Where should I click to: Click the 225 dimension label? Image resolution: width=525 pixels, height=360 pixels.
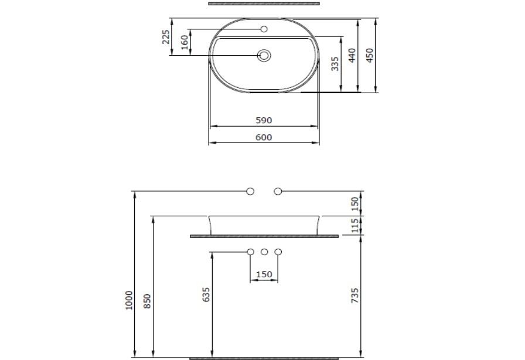(166, 37)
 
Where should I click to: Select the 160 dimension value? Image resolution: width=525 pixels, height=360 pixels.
(185, 42)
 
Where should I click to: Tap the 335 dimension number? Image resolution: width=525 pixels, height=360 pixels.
(335, 63)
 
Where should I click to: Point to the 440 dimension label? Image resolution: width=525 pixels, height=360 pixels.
(352, 55)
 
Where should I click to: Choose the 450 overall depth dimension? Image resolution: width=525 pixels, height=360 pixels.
(370, 55)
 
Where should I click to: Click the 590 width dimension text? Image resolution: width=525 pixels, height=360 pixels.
(264, 120)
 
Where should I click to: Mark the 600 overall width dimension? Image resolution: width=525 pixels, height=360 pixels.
(264, 137)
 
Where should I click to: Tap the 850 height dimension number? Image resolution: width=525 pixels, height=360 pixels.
(148, 301)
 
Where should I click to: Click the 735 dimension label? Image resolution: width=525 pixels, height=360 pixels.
(355, 295)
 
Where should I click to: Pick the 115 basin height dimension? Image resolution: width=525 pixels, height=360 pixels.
(355, 225)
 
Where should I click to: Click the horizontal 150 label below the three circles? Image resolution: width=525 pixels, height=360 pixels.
(264, 274)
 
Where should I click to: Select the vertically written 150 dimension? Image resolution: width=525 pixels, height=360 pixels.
(355, 203)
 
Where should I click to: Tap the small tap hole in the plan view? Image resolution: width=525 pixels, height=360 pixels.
(264, 29)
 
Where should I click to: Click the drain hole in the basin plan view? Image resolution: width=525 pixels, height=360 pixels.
(264, 56)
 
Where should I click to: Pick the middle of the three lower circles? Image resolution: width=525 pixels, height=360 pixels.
(264, 252)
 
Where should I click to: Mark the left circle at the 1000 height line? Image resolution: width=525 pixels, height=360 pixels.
(250, 191)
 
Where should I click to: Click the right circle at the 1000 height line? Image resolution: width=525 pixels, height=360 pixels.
(278, 191)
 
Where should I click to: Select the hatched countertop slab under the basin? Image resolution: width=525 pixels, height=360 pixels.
(264, 236)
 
